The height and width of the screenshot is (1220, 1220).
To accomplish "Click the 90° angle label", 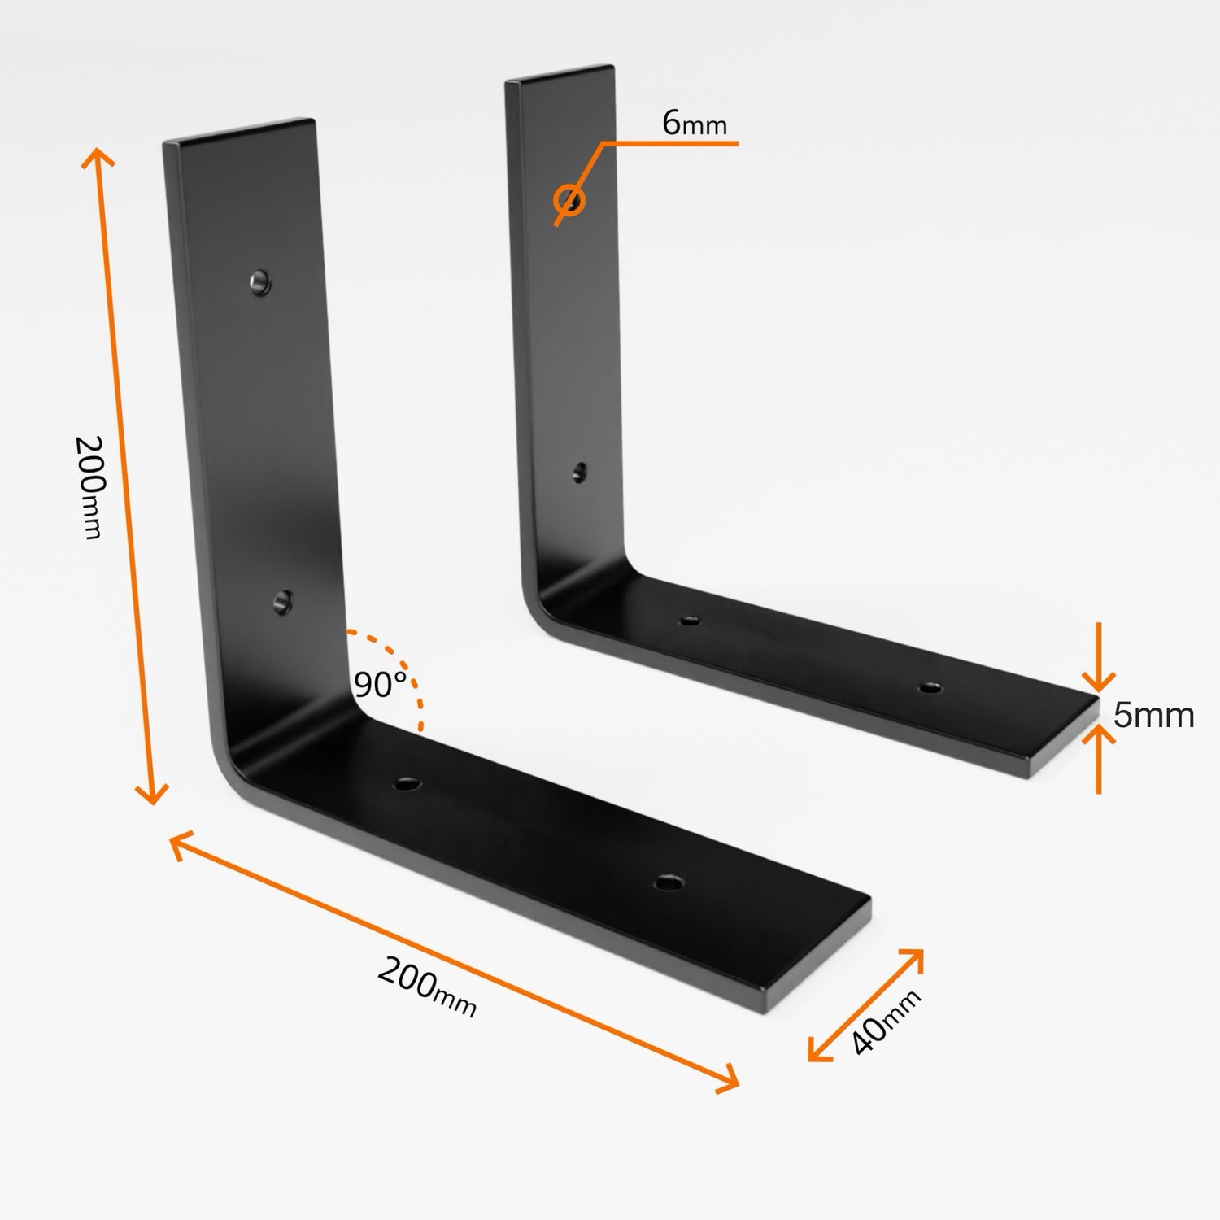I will coord(380,685).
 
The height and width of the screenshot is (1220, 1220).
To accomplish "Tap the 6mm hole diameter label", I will coord(694,124).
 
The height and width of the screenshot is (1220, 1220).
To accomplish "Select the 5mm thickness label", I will coord(1153,716).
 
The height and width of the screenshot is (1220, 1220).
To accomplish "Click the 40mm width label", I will coord(886,1022).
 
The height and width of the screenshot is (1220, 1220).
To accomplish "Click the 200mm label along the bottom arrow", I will coord(426,987).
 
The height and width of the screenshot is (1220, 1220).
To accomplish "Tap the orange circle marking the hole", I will coord(569,199).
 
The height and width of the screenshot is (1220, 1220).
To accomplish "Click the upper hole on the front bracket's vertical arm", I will coord(259,283).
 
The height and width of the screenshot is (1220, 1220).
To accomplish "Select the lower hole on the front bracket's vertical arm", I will coord(282,602).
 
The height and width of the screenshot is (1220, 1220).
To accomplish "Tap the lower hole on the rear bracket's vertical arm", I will coord(579,472).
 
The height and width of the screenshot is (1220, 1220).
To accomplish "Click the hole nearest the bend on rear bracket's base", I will coord(690,621).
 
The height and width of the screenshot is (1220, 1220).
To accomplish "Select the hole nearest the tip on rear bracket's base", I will coord(930,688).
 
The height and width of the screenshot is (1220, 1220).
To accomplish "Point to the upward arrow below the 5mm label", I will coord(1098,756).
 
